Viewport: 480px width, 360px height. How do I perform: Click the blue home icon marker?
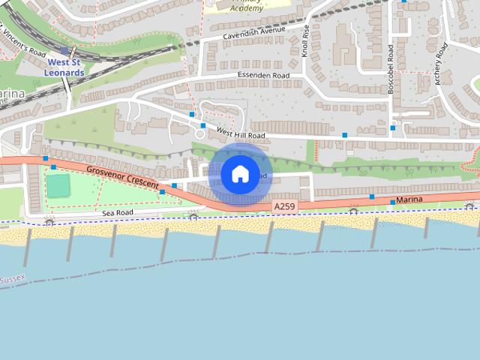239,174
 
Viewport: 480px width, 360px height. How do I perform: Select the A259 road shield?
284,206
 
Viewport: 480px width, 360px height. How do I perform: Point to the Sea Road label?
118,214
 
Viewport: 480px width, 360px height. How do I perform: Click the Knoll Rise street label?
305,40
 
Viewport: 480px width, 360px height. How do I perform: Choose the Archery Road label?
442,65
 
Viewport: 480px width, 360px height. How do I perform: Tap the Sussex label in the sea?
12,280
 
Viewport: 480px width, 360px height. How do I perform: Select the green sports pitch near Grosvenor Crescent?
58,184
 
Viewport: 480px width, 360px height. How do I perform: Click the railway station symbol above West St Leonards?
66,52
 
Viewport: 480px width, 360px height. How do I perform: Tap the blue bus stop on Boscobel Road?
392,127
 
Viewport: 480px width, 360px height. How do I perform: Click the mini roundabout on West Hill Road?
200,133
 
